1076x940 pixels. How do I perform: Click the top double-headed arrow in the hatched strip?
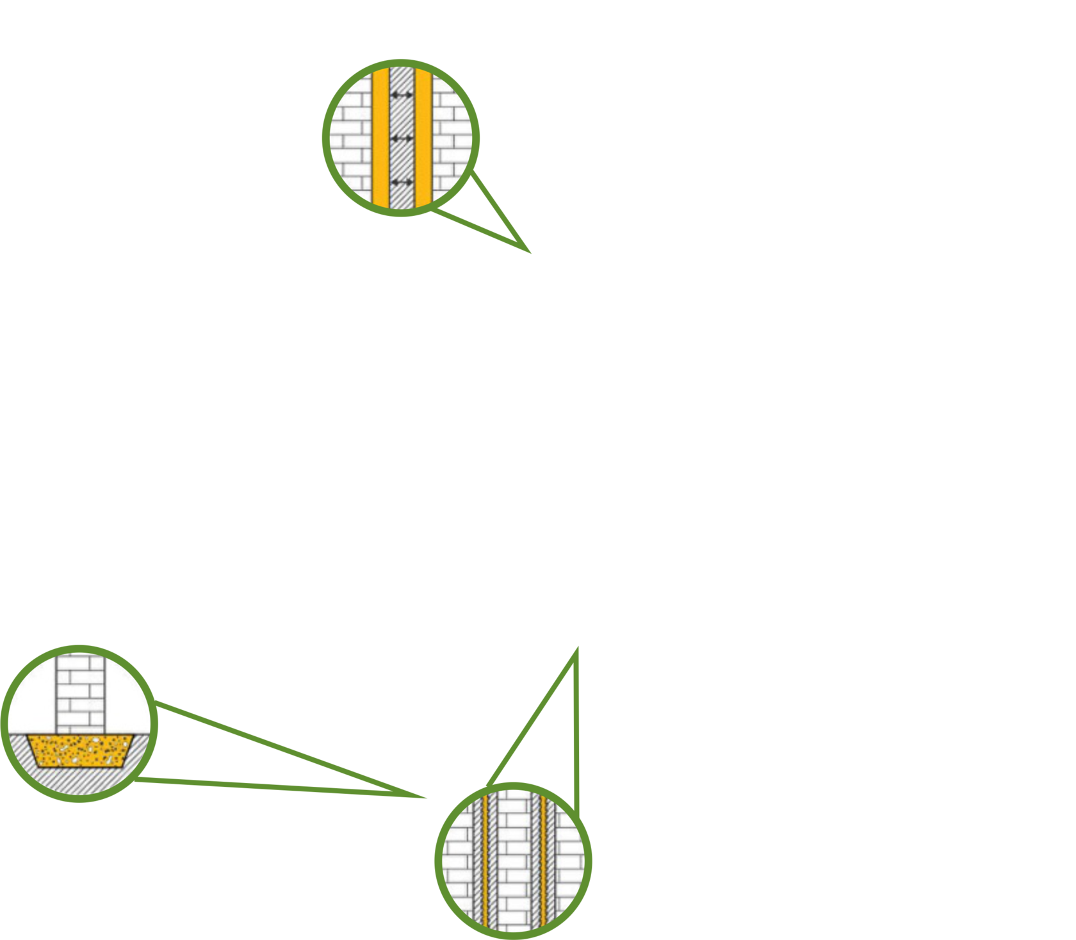pyautogui.click(x=402, y=95)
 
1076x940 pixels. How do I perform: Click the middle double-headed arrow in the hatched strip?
pyautogui.click(x=402, y=138)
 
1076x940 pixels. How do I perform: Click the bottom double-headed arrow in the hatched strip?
pyautogui.click(x=402, y=183)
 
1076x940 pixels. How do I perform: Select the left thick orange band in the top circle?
pyautogui.click(x=380, y=138)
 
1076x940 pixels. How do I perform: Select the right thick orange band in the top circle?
pyautogui.click(x=423, y=138)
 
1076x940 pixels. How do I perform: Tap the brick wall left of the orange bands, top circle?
pyautogui.click(x=351, y=138)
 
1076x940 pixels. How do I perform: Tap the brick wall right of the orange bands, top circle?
pyautogui.click(x=452, y=138)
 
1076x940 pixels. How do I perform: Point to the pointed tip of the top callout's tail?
pyautogui.click(x=530, y=253)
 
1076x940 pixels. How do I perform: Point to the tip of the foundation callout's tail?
pyautogui.click(x=425, y=798)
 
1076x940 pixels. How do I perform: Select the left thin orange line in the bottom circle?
pyautogui.click(x=485, y=862)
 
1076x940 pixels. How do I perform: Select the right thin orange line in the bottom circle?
pyautogui.click(x=542, y=862)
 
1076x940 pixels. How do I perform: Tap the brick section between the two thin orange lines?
pyautogui.click(x=514, y=862)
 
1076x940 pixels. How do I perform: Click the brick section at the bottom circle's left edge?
pyautogui.click(x=457, y=862)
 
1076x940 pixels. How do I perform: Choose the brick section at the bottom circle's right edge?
pyautogui.click(x=570, y=862)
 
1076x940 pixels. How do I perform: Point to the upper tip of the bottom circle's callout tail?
pyautogui.click(x=577, y=647)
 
